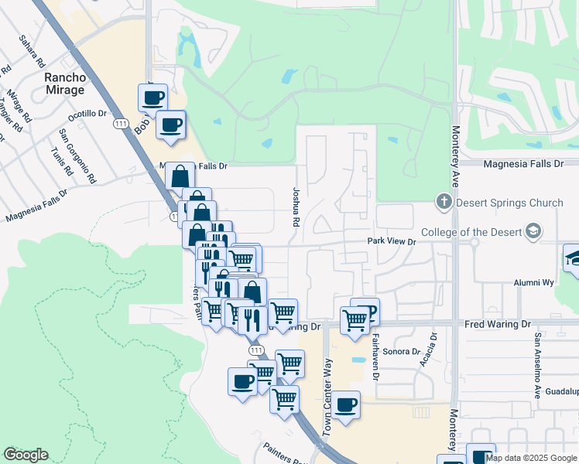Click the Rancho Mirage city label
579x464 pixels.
(x=64, y=84)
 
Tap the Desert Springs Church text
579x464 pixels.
(x=509, y=203)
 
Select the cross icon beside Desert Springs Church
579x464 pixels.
(x=444, y=203)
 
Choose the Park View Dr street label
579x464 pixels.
(x=392, y=241)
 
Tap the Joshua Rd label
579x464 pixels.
(x=296, y=206)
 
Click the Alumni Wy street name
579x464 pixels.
(x=535, y=283)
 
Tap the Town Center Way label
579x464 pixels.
(x=327, y=395)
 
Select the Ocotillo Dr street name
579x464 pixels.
(x=87, y=114)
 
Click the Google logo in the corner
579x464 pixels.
(x=26, y=455)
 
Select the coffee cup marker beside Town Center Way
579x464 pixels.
(x=346, y=405)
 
